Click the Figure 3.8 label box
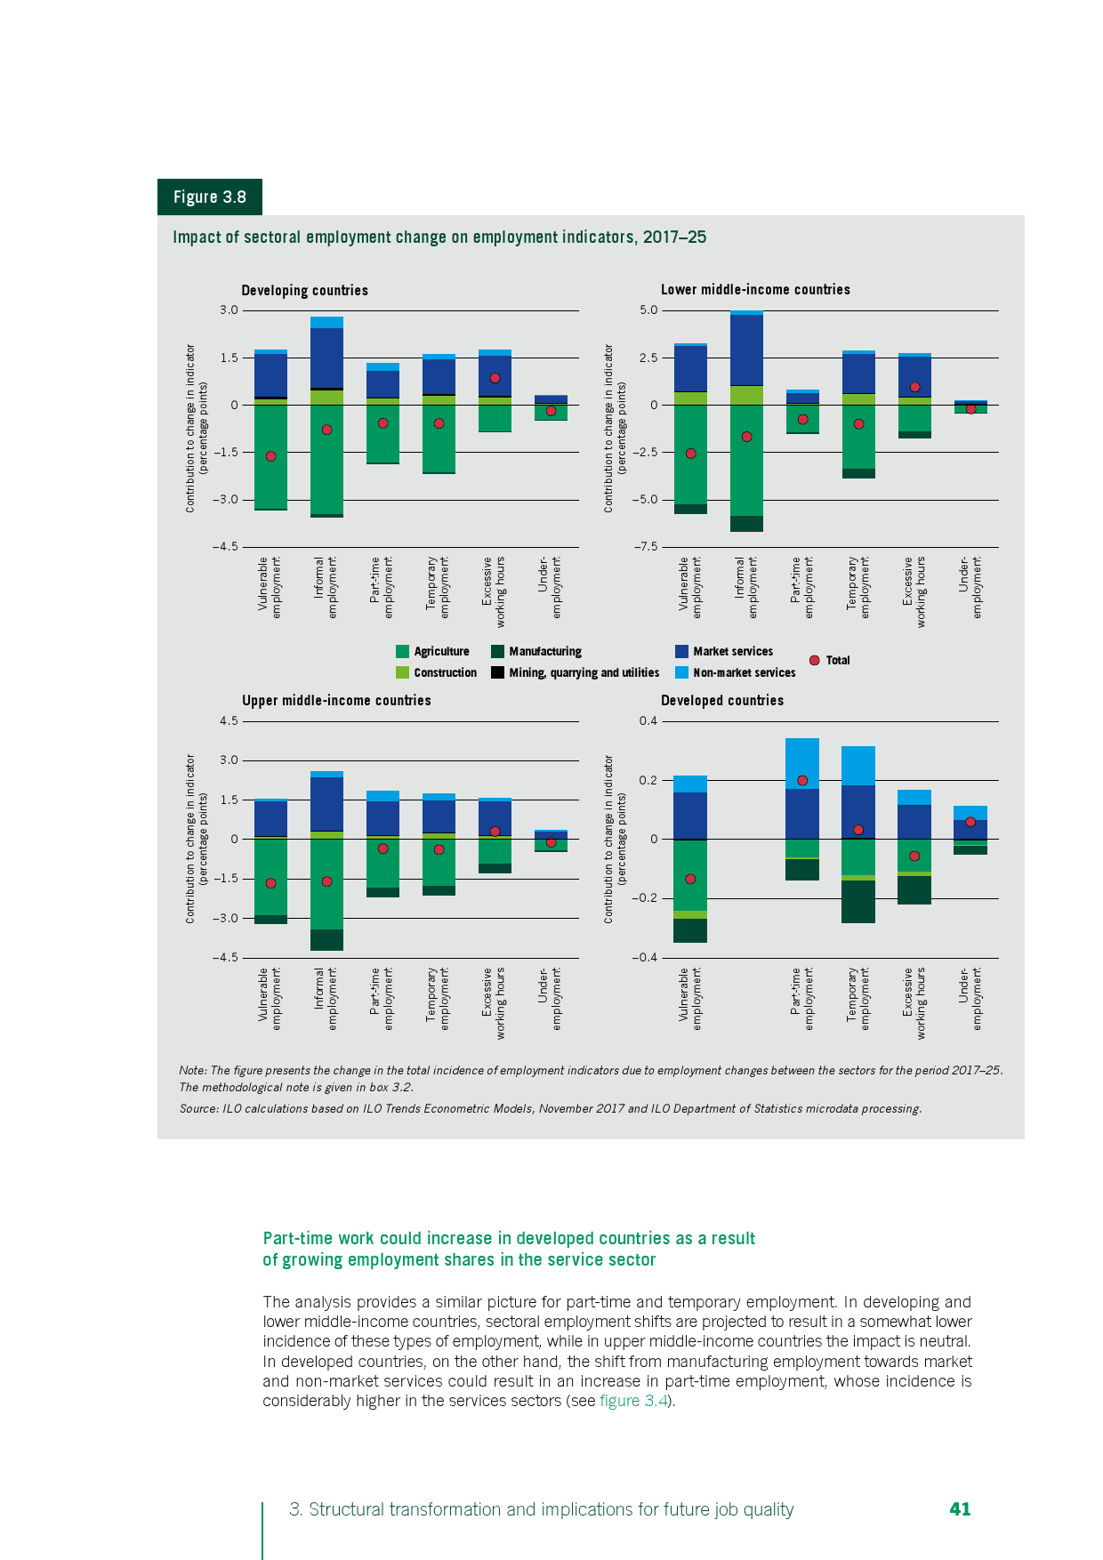click(x=210, y=197)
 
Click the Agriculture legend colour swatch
click(x=402, y=651)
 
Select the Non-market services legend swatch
click(x=681, y=672)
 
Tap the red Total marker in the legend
click(x=814, y=660)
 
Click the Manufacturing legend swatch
click(x=497, y=651)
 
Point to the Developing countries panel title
click(x=304, y=290)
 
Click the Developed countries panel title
click(x=721, y=700)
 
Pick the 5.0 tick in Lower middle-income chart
click(x=648, y=310)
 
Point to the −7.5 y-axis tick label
click(x=646, y=546)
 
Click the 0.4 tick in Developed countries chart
click(x=648, y=720)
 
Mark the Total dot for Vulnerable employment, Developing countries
click(x=270, y=456)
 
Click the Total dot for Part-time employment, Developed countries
click(x=802, y=780)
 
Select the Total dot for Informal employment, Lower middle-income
click(x=746, y=437)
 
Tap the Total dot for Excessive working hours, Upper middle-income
click(x=495, y=832)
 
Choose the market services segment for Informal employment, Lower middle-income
click(x=746, y=350)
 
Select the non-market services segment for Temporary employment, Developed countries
click(x=858, y=765)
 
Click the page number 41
click(x=960, y=1508)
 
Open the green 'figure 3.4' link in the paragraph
click(x=633, y=1401)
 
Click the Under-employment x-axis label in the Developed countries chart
click(x=970, y=998)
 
